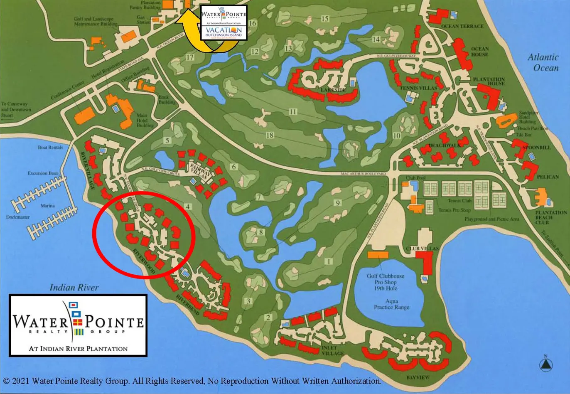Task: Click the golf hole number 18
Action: (x=270, y=135)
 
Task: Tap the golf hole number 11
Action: (x=293, y=112)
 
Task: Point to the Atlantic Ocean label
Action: (x=543, y=62)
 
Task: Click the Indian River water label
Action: (x=74, y=287)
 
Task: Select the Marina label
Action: (x=48, y=206)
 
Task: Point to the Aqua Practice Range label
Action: (x=391, y=304)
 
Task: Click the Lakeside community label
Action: (x=333, y=90)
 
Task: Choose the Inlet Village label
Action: (x=333, y=350)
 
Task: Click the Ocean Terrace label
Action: (x=462, y=26)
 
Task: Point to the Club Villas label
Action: (x=422, y=249)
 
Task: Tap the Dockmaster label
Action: (x=18, y=217)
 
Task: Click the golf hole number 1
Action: (x=330, y=261)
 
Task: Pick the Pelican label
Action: (x=548, y=177)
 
